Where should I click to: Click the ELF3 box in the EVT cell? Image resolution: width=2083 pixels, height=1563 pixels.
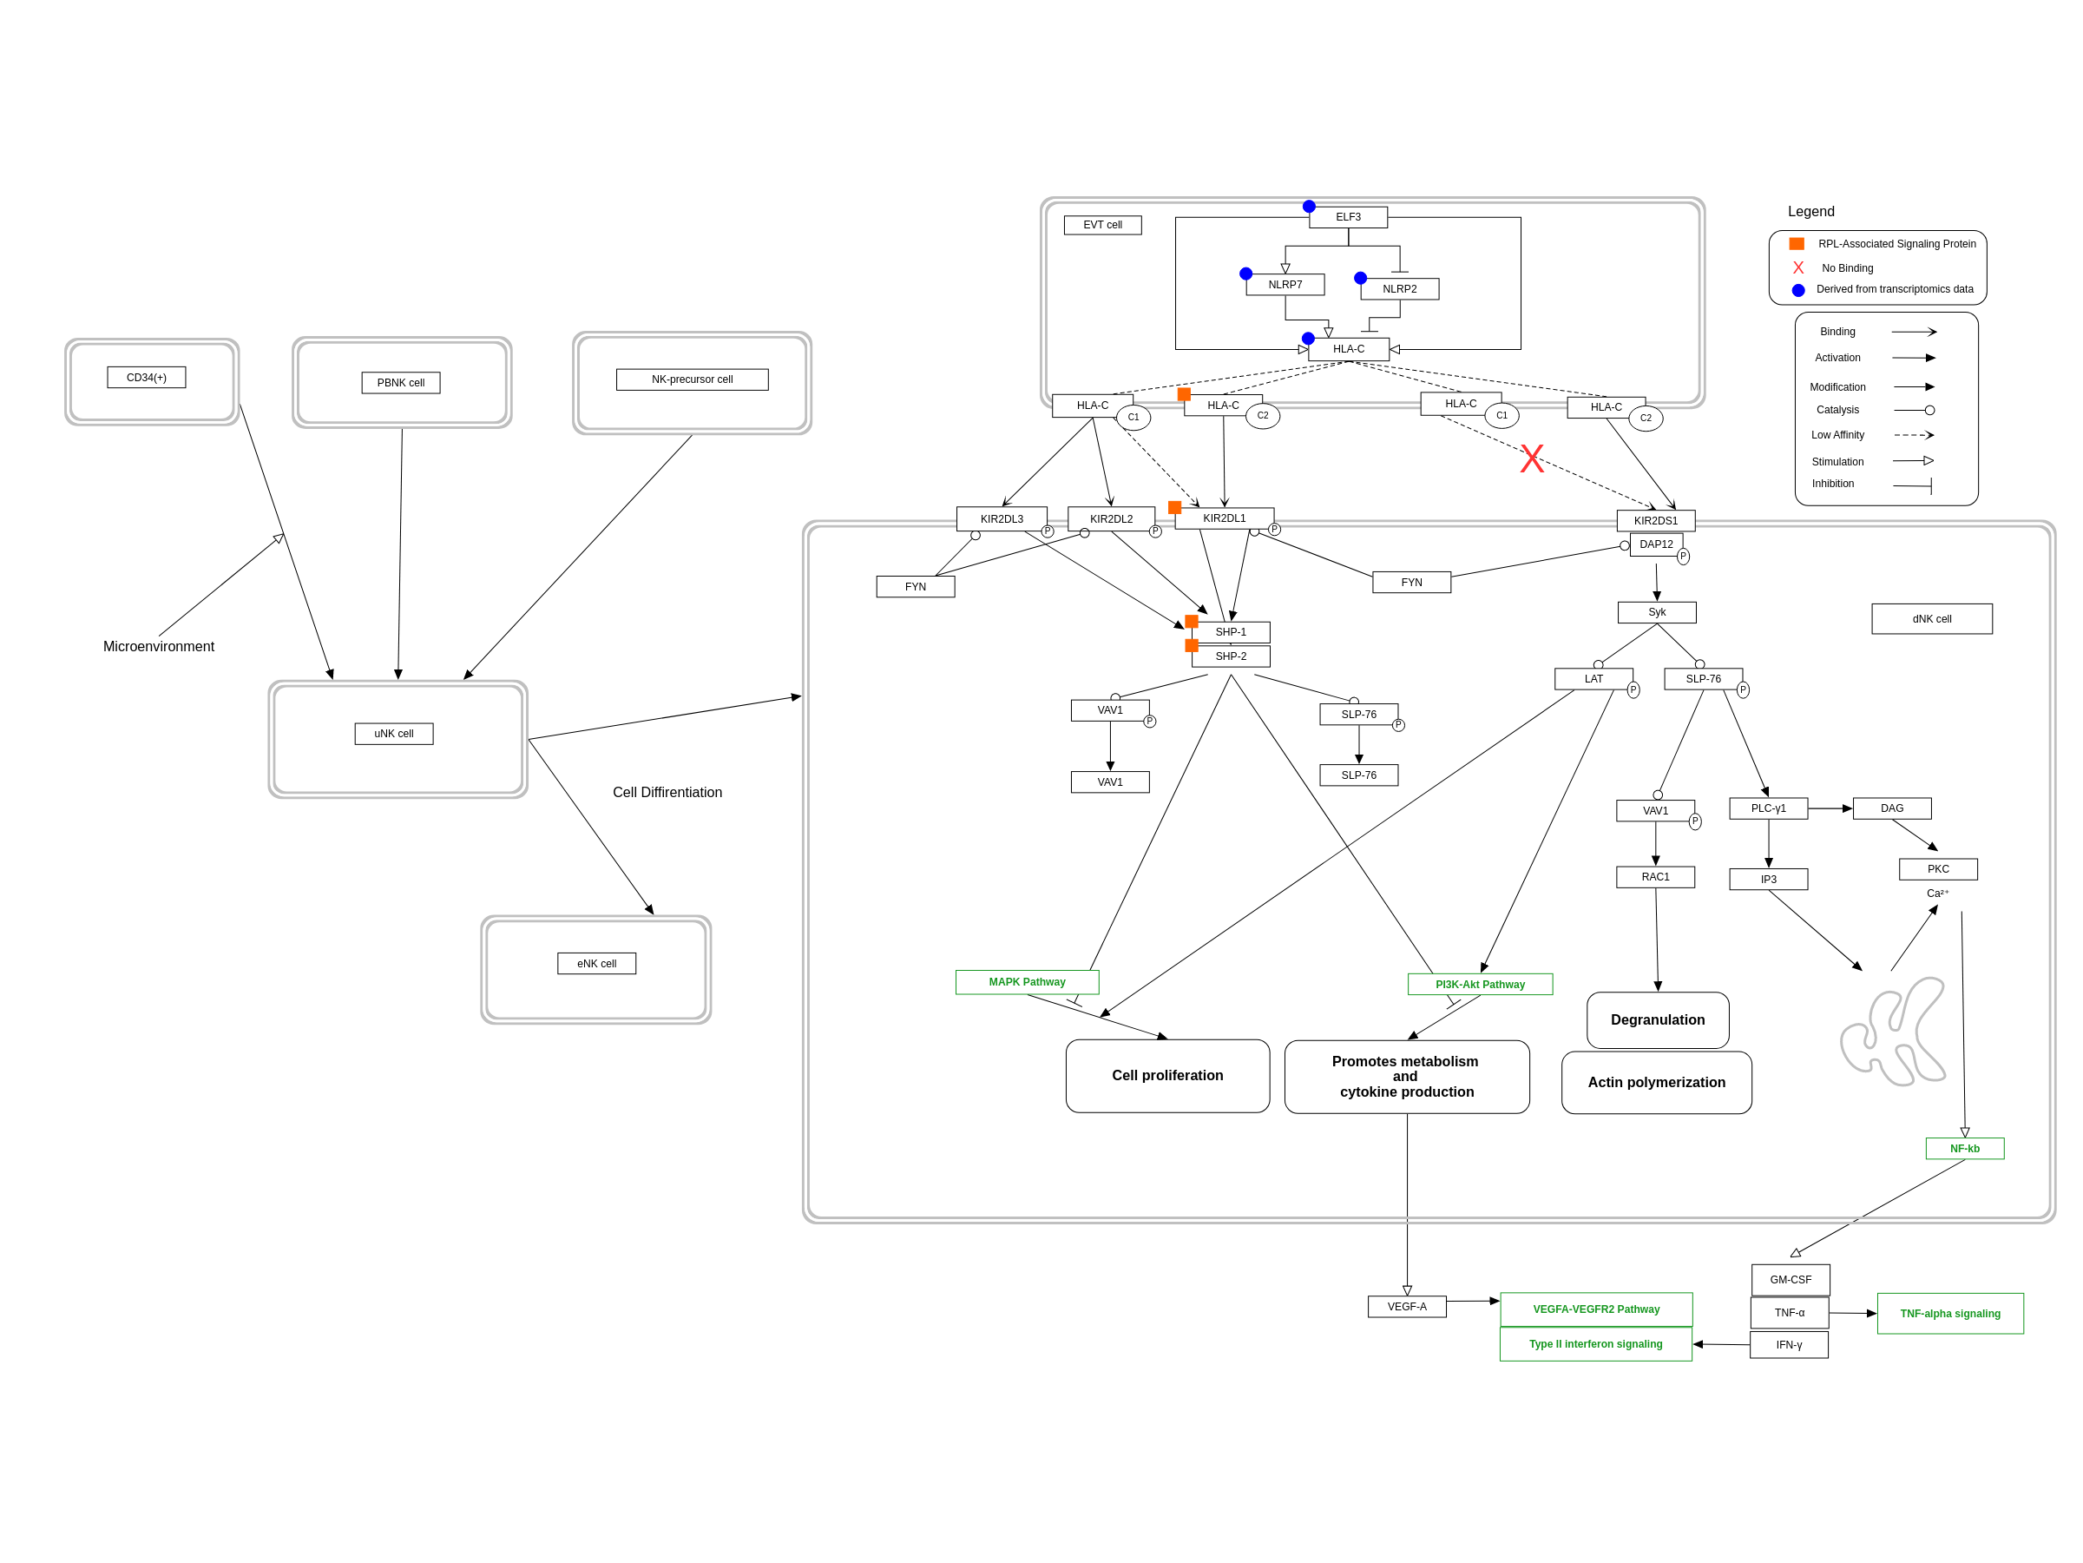pyautogui.click(x=1348, y=218)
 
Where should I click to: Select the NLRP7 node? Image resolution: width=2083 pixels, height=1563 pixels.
pyautogui.click(x=1285, y=285)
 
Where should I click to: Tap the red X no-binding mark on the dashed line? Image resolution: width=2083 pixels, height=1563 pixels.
pyautogui.click(x=1532, y=458)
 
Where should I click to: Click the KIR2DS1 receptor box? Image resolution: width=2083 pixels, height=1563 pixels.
pyautogui.click(x=1655, y=521)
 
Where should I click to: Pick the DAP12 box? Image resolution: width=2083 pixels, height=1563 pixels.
pyautogui.click(x=1655, y=544)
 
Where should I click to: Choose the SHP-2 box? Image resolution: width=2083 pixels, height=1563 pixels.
pyautogui.click(x=1230, y=656)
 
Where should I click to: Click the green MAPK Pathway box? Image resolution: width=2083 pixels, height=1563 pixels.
pyautogui.click(x=1027, y=982)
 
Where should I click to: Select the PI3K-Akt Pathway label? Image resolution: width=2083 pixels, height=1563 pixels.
pyautogui.click(x=1480, y=985)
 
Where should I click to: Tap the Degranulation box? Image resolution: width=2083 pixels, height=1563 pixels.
pyautogui.click(x=1658, y=1020)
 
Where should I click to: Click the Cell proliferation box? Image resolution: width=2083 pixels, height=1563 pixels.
pyautogui.click(x=1166, y=1076)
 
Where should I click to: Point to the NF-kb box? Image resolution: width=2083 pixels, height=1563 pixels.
pyautogui.click(x=1964, y=1149)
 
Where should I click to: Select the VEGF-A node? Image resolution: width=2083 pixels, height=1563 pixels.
pyautogui.click(x=1407, y=1307)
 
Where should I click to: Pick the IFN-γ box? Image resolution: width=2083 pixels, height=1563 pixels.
pyautogui.click(x=1788, y=1345)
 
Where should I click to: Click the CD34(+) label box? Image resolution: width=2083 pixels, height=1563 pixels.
pyautogui.click(x=146, y=378)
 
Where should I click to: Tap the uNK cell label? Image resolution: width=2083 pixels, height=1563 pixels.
pyautogui.click(x=394, y=734)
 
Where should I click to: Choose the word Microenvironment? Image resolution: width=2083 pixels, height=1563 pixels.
pyautogui.click(x=158, y=646)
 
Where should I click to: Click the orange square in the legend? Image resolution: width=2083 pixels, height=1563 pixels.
pyautogui.click(x=1797, y=244)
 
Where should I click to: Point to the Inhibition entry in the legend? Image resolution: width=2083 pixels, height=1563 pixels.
pyautogui.click(x=1832, y=485)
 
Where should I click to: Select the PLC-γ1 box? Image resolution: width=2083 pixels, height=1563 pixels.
pyautogui.click(x=1768, y=808)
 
